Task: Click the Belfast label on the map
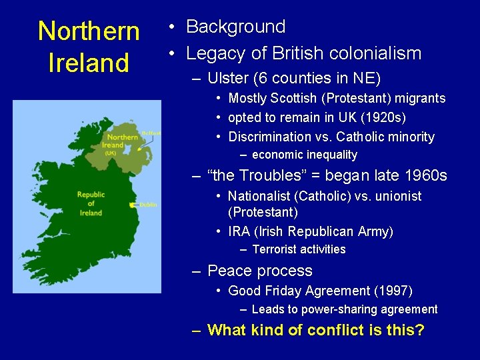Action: (x=151, y=133)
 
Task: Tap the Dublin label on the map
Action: (x=149, y=205)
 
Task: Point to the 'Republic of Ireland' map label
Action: (x=91, y=203)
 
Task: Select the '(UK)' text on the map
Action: (x=110, y=153)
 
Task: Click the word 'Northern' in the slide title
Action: (x=89, y=31)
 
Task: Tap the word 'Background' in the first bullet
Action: (x=236, y=27)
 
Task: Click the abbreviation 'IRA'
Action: (x=239, y=232)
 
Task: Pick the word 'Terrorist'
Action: (x=275, y=249)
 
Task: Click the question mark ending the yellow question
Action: (x=420, y=330)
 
